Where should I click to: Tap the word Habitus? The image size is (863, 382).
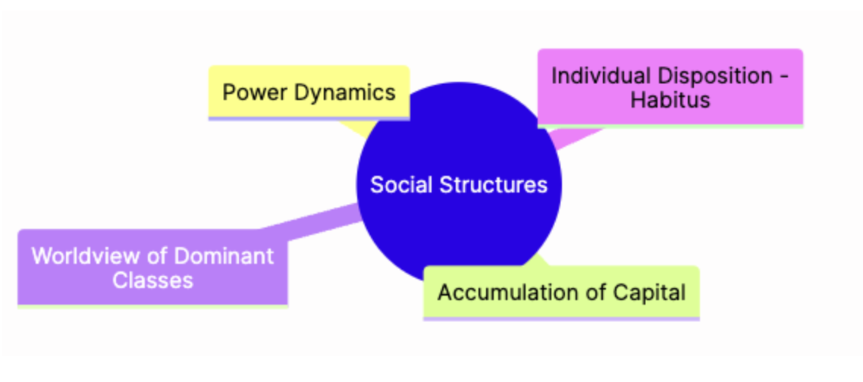[x=670, y=99]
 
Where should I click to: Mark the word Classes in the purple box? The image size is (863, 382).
[x=152, y=280]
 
